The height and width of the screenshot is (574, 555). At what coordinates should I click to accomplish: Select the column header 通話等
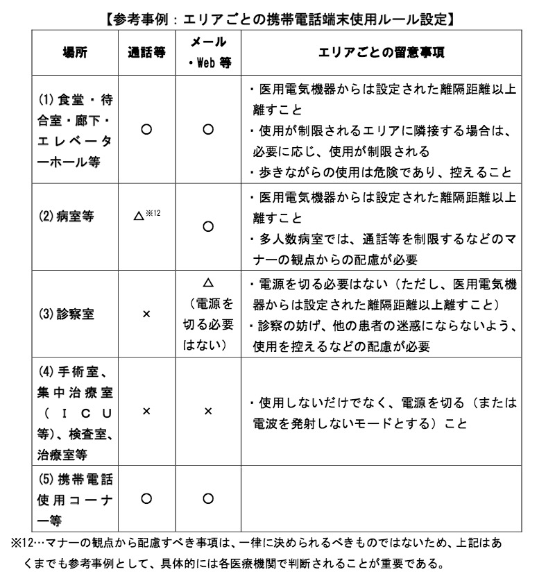coord(146,52)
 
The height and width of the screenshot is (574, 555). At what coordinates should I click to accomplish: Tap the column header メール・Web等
coord(207,52)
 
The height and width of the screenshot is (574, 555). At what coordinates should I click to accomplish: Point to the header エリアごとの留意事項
coord(381,52)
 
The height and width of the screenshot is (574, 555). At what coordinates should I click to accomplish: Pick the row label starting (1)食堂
coord(76,131)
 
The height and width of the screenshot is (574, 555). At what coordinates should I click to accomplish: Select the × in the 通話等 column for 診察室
coord(146,314)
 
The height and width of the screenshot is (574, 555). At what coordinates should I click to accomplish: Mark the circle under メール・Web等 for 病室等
coord(207,226)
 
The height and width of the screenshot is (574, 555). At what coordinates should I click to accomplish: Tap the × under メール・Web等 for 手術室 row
coord(207,412)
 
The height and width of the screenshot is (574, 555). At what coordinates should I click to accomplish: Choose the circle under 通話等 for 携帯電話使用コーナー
coord(146,498)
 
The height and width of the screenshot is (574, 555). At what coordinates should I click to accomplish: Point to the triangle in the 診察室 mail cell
coord(207,282)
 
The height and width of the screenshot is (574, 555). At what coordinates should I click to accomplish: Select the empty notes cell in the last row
coord(381,498)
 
